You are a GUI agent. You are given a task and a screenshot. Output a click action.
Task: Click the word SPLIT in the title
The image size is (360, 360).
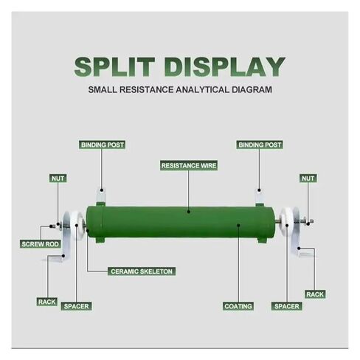coord(114,66)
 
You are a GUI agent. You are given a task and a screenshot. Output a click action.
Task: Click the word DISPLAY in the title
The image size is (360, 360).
coord(226,66)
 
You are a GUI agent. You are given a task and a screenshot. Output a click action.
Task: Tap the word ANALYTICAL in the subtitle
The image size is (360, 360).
coord(202,89)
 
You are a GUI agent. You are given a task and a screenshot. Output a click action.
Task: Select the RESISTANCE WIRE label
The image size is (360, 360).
coord(189,165)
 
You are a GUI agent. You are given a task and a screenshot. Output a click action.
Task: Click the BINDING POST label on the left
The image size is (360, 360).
coord(103,145)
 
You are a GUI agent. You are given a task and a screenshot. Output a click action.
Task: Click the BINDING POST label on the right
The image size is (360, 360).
coord(260,145)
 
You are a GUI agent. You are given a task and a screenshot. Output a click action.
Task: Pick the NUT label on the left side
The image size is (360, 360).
coord(58,179)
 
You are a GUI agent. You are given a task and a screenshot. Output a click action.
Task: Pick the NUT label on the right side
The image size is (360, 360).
coord(308,179)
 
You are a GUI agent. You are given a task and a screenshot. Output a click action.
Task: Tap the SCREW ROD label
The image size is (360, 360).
coord(41,244)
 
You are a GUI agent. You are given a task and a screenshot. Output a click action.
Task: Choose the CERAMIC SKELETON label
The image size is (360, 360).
coord(142,271)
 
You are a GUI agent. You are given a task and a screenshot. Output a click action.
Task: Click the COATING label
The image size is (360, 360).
coord(238,306)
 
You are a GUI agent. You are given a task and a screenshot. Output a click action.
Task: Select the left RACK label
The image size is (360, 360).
coord(47,302)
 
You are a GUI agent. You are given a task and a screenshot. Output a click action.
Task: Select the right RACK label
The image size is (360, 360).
coord(315,294)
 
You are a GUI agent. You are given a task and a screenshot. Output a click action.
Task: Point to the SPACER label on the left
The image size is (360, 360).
coord(76,306)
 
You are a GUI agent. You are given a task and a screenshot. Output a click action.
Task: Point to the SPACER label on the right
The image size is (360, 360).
coord(287,306)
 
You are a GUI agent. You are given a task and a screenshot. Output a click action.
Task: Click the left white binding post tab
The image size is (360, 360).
coord(101,195)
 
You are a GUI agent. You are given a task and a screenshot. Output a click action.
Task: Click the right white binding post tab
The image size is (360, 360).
coord(259,195)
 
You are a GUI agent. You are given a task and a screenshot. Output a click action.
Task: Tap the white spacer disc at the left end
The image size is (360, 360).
coord(77,225)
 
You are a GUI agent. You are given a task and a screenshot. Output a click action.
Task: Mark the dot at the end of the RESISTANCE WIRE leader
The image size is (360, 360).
coord(188,211)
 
